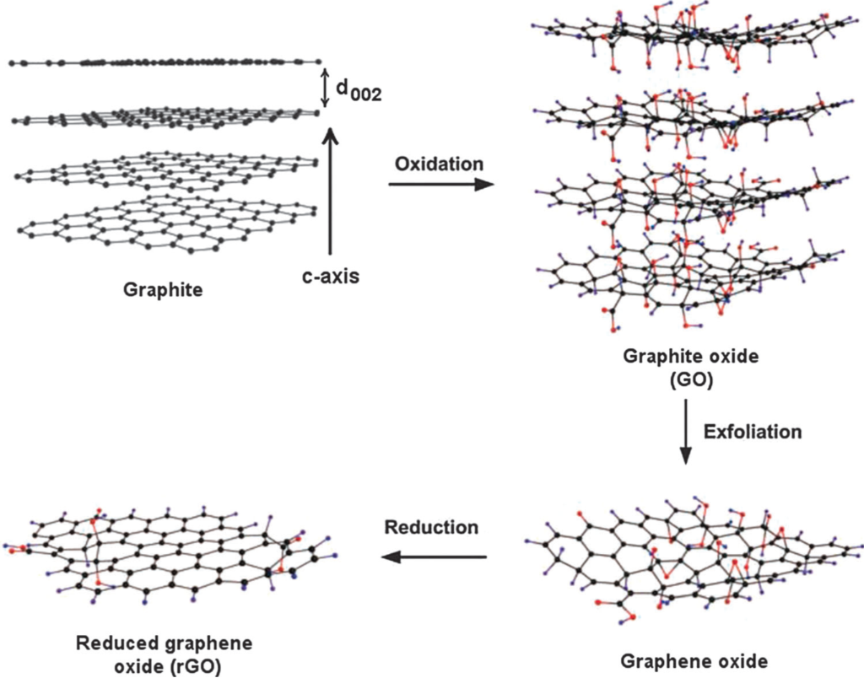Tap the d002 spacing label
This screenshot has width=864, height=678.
[x=359, y=91]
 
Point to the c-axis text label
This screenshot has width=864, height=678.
[x=332, y=275]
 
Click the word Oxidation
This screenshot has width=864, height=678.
[x=439, y=163]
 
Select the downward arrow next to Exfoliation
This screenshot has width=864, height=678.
[x=685, y=431]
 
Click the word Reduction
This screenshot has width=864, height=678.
[x=431, y=528]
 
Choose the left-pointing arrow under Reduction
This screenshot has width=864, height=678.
[x=433, y=556]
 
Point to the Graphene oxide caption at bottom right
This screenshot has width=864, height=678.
[x=694, y=659]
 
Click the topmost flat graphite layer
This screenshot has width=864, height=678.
[x=165, y=62]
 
